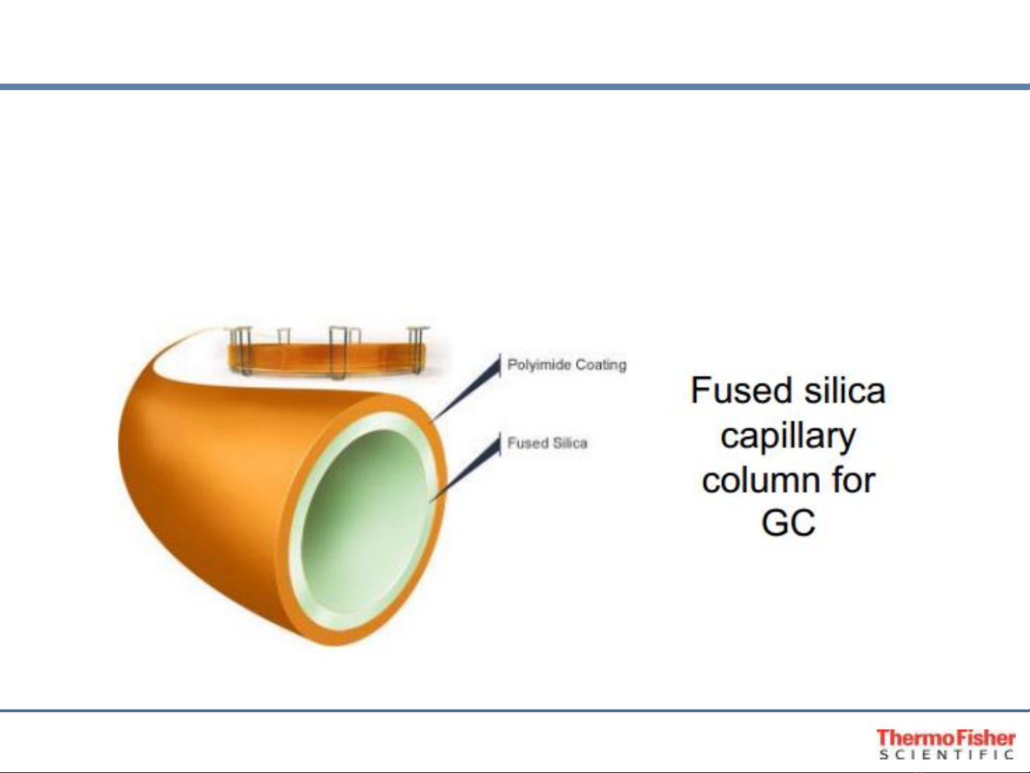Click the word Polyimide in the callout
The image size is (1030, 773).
[x=539, y=365]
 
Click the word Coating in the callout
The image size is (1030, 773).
[x=601, y=365]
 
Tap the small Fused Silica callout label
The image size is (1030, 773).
[x=547, y=443]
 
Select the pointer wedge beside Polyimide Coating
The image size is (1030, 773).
[x=469, y=387]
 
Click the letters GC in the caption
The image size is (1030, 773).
[x=788, y=523]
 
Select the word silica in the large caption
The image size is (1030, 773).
[x=845, y=390]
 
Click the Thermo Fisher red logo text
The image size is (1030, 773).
[x=946, y=738]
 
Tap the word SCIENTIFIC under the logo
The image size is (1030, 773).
[x=946, y=754]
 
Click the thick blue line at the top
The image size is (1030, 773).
[x=515, y=87]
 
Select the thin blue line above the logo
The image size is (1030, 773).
[x=515, y=711]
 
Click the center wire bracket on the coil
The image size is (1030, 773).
[x=339, y=352]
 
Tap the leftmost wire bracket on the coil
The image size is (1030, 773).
[x=241, y=350]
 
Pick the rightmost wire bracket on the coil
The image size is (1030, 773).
[x=417, y=350]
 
